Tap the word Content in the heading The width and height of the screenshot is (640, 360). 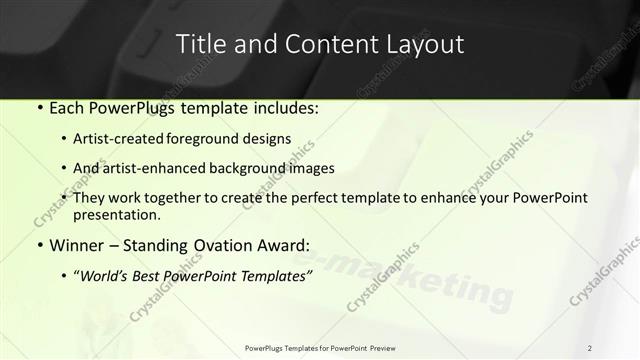click(x=322, y=44)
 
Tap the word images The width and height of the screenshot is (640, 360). click(x=311, y=168)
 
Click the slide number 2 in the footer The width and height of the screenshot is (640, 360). click(x=590, y=348)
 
